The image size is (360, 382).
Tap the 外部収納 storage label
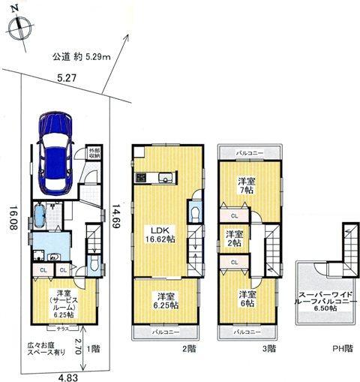(x=93, y=155)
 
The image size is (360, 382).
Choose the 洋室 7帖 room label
(x=245, y=186)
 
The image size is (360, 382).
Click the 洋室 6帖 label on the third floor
(x=247, y=299)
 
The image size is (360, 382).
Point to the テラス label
(x=64, y=329)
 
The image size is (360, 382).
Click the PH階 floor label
(x=341, y=348)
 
